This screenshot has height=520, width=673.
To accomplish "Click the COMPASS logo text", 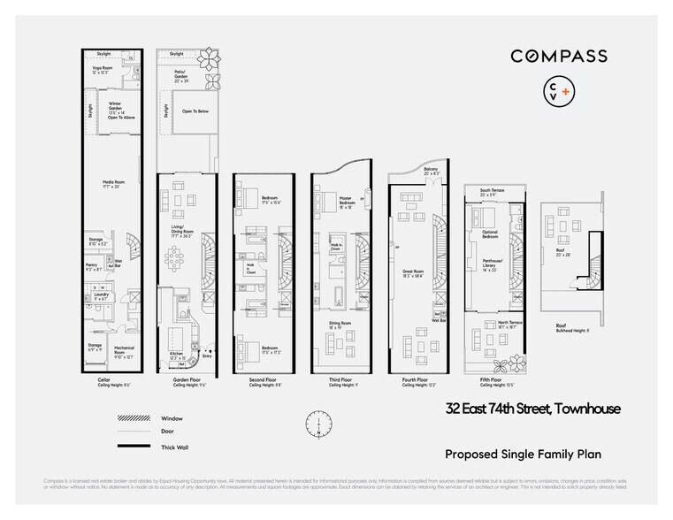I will [x=558, y=56].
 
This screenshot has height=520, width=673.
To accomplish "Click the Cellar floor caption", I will [x=103, y=382].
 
